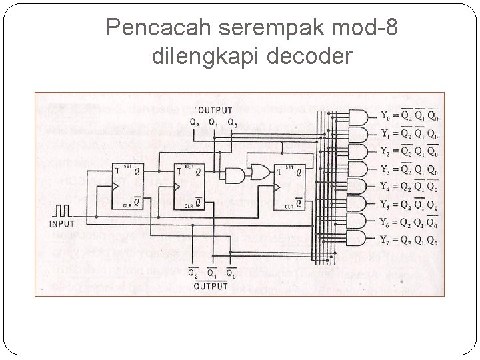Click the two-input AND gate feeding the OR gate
[235, 176]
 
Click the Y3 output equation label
[409, 169]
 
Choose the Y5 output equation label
[409, 204]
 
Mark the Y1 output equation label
[409, 135]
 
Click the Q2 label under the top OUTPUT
[194, 122]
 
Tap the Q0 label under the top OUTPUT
[231, 122]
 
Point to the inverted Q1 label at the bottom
[211, 273]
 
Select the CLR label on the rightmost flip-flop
[288, 206]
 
